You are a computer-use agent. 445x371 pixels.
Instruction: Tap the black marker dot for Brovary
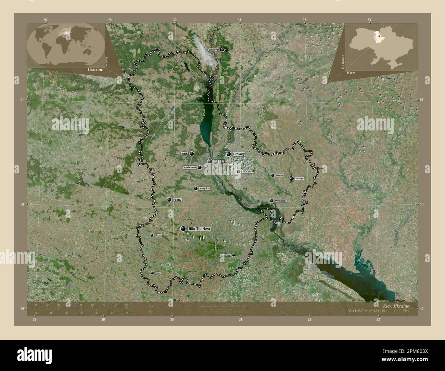(x=228, y=154)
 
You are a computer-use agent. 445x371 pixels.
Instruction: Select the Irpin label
(x=185, y=154)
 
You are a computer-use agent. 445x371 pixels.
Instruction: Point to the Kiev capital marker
(x=210, y=161)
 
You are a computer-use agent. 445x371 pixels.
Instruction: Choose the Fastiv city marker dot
(x=169, y=200)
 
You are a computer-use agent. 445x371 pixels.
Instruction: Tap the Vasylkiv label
(x=204, y=189)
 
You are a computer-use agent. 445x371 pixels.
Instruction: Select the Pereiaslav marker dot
(x=271, y=201)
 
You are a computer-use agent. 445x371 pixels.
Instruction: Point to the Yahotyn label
(x=299, y=179)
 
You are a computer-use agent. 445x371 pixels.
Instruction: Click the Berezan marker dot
(x=272, y=176)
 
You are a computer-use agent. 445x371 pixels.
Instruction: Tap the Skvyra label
(x=158, y=235)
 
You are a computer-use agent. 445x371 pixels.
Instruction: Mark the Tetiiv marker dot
(x=152, y=273)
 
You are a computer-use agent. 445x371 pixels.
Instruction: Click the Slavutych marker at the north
(x=222, y=50)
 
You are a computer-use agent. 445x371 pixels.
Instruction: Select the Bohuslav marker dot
(x=233, y=255)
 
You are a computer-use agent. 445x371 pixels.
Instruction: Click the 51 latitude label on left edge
(x=22, y=100)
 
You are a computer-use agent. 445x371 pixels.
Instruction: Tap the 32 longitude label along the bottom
(x=309, y=320)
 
